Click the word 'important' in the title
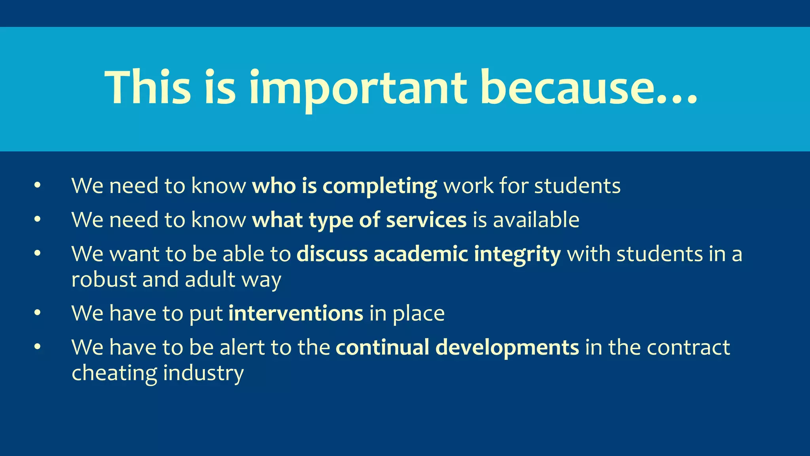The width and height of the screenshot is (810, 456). click(358, 88)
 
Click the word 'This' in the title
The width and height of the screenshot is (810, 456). click(148, 88)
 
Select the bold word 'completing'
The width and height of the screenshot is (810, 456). click(380, 186)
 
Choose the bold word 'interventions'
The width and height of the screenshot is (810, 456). click(296, 313)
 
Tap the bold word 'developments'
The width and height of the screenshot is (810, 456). click(507, 347)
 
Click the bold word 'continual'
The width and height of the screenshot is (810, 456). click(382, 347)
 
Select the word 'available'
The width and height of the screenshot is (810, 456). click(536, 220)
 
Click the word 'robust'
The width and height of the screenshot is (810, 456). click(104, 279)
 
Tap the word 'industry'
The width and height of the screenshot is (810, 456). click(203, 373)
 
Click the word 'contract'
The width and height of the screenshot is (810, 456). click(688, 347)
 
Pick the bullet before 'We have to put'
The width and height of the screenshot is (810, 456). click(38, 313)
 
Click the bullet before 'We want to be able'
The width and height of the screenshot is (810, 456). click(38, 253)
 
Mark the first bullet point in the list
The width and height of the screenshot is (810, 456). click(38, 185)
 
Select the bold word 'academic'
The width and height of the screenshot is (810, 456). click(421, 254)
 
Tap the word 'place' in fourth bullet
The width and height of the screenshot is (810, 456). click(418, 314)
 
